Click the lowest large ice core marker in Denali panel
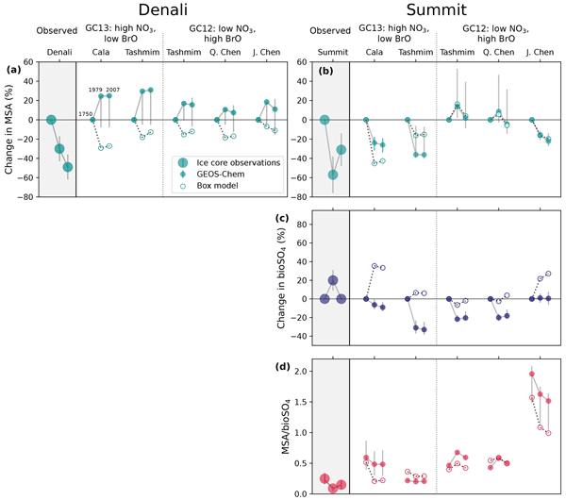[x=68, y=167]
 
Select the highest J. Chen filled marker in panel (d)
[x=532, y=375]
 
